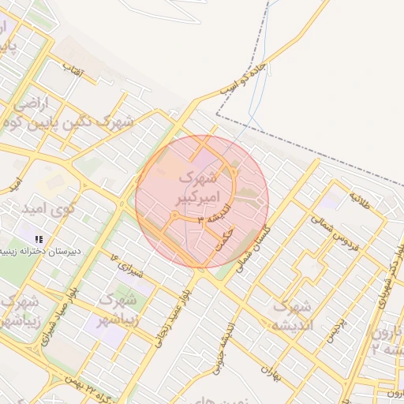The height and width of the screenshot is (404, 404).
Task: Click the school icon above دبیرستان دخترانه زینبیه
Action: pos(39,238)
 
